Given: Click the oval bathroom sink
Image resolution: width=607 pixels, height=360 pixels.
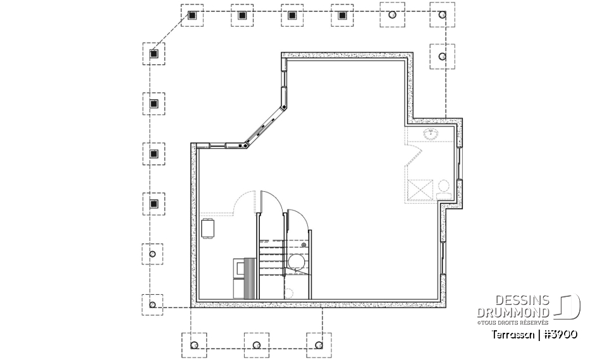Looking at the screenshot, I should tap(432, 133).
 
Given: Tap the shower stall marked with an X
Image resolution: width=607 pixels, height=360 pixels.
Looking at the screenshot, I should tap(421, 189).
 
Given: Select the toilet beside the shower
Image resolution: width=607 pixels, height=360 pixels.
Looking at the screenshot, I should tap(444, 187).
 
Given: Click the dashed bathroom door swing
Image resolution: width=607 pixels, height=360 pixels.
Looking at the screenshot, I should tap(415, 151).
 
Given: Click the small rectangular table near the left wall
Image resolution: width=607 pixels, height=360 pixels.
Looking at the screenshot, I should tap(208, 228).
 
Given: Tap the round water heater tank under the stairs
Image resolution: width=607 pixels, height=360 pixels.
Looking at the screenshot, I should tap(296, 261).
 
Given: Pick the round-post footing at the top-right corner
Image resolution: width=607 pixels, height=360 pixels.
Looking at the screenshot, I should tap(442, 15).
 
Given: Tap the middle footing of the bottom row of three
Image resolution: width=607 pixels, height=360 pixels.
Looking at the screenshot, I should tap(256, 345).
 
